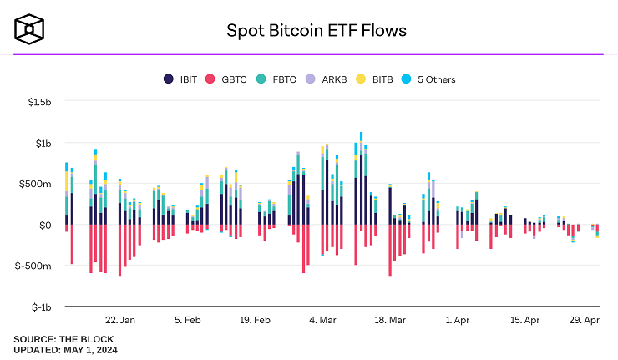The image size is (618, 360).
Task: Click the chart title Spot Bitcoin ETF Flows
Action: pyautogui.click(x=317, y=31)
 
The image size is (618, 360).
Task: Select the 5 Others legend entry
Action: pyautogui.click(x=448, y=79)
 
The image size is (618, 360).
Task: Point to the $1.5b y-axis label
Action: pyautogui.click(x=38, y=102)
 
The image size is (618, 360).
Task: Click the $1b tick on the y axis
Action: pyautogui.click(x=42, y=143)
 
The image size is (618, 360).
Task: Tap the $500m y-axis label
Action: pyautogui.click(x=36, y=184)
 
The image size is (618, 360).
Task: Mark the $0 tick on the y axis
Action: pyautogui.click(x=46, y=225)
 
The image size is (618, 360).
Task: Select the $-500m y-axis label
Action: pyautogui.click(x=34, y=266)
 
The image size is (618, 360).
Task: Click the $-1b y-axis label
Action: pyautogui.click(x=40, y=307)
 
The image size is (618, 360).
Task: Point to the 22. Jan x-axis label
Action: pyautogui.click(x=120, y=320)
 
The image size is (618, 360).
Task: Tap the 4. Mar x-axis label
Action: pyautogui.click(x=322, y=320)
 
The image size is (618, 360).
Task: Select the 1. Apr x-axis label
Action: pyautogui.click(x=458, y=320)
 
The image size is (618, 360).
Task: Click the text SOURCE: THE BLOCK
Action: pyautogui.click(x=63, y=339)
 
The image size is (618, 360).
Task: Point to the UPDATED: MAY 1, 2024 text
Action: pyautogui.click(x=66, y=350)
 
